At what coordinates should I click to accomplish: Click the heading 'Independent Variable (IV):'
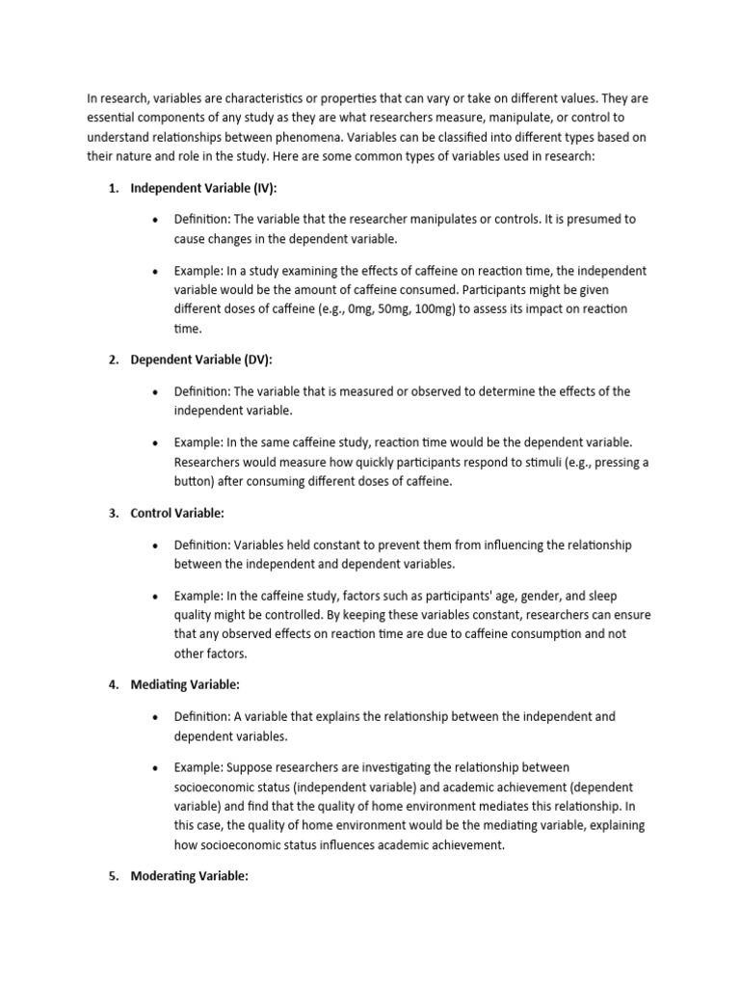(x=203, y=188)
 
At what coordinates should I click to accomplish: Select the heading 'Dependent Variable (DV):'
(x=201, y=360)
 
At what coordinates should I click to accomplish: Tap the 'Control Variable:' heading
(x=177, y=514)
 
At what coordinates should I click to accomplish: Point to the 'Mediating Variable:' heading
(x=185, y=684)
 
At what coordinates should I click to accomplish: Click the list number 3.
(x=113, y=514)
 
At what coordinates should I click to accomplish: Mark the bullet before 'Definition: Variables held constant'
(x=154, y=546)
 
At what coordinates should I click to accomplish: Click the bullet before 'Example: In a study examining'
(x=154, y=272)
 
